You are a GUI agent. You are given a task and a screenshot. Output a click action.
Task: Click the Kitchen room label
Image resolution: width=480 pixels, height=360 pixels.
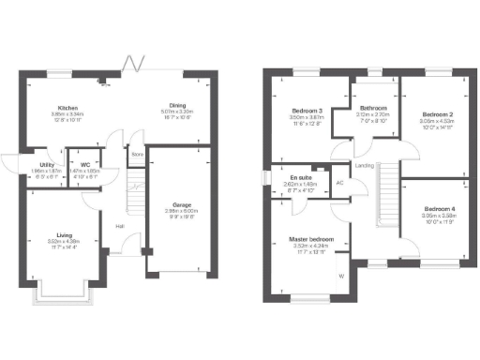coord(67,108)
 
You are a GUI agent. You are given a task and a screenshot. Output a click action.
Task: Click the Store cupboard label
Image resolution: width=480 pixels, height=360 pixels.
coord(137,155)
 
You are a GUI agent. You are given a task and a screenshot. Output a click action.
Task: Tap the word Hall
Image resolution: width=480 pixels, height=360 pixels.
coord(120,226)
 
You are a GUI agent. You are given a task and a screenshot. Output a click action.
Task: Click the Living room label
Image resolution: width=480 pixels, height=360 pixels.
coord(64,236)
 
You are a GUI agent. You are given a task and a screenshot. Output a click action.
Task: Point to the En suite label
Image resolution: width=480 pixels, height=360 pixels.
coord(300,176)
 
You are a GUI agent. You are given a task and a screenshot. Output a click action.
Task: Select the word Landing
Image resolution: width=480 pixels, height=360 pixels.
coord(365,166)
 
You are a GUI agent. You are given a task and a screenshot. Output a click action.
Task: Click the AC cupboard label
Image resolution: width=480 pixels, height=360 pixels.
coord(338,183)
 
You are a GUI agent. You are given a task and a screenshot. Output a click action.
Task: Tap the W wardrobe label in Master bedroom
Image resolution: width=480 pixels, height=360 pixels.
coord(341,276)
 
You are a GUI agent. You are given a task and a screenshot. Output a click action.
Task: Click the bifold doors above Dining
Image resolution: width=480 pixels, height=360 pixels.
coord(137,66)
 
